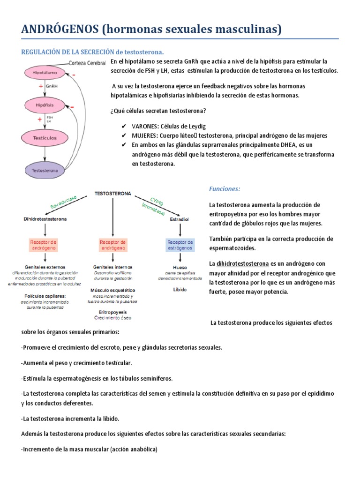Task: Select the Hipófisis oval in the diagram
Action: (x=45, y=105)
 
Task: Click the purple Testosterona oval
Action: (x=45, y=171)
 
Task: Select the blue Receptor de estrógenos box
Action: (x=180, y=245)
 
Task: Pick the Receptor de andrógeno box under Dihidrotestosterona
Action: (x=45, y=245)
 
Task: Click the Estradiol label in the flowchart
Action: (x=180, y=218)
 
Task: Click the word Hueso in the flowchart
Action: (x=180, y=267)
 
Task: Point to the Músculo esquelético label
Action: (x=112, y=290)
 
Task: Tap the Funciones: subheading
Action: (x=225, y=189)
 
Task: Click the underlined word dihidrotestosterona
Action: (x=242, y=263)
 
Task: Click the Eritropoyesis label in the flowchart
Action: (x=112, y=312)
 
